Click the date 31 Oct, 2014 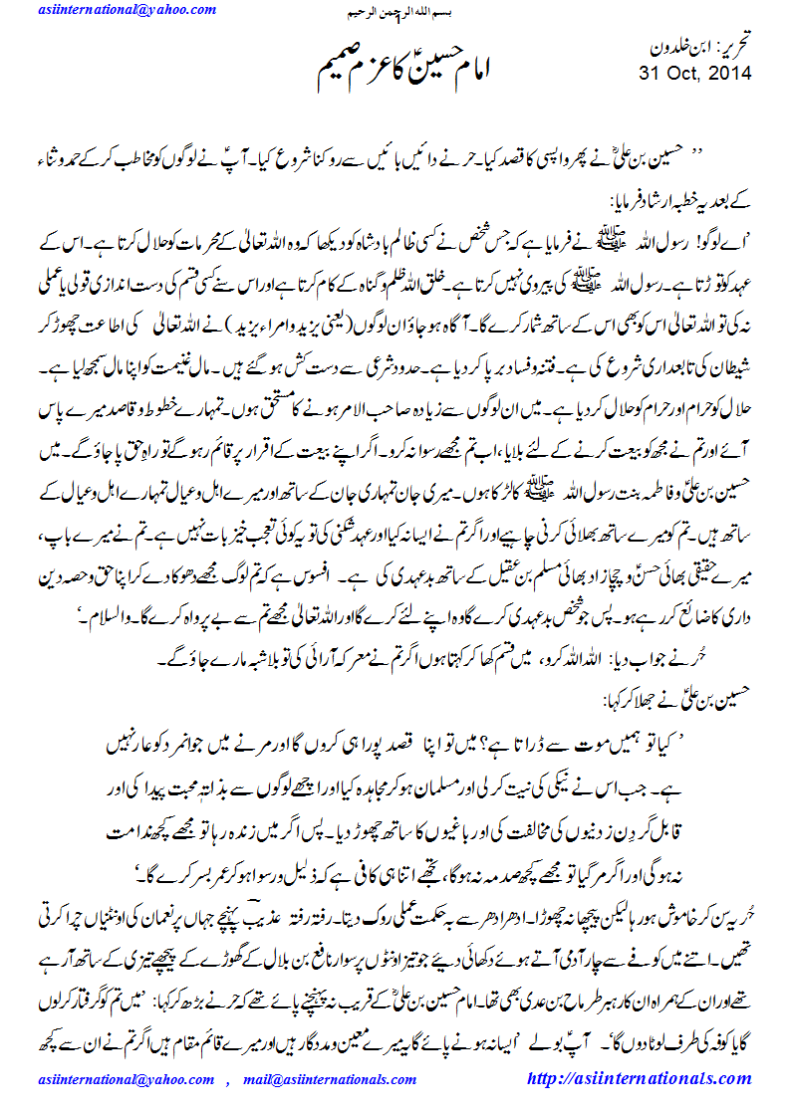pos(694,74)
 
